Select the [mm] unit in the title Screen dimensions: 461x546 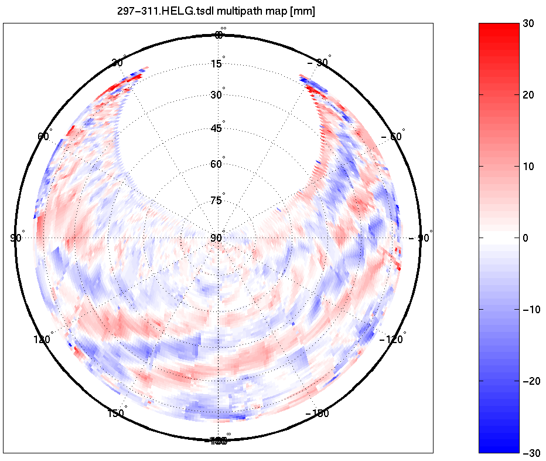tap(302, 12)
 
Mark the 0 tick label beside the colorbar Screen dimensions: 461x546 tap(525, 238)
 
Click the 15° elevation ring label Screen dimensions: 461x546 tap(217, 63)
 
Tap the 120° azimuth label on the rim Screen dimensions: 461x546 tap(43, 339)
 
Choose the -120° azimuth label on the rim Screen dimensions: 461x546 tap(393, 339)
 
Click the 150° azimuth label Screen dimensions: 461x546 tap(117, 413)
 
